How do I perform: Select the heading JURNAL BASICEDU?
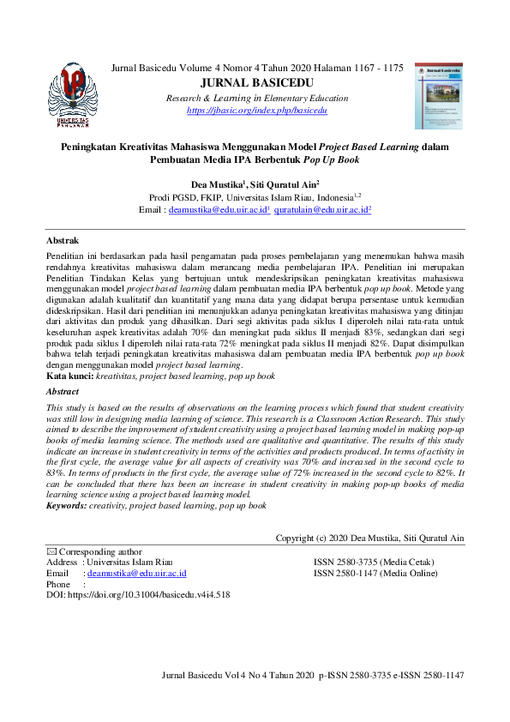click(x=256, y=83)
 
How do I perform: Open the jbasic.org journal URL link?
click(x=256, y=111)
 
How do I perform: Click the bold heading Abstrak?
click(x=63, y=241)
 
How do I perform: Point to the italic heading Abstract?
click(x=63, y=391)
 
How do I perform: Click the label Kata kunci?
click(x=69, y=376)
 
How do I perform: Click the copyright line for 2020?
click(x=369, y=538)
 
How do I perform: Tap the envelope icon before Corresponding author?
click(x=51, y=551)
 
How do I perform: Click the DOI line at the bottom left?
click(x=137, y=593)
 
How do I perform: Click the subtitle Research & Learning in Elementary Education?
click(x=256, y=99)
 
